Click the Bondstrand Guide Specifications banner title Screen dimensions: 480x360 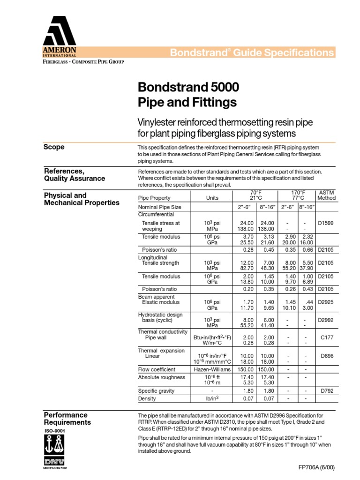pos(252,52)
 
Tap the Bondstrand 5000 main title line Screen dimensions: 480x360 pos(188,87)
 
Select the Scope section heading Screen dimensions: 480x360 pos(54,147)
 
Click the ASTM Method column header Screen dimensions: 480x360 pos(326,195)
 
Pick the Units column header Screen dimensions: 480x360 pos(212,198)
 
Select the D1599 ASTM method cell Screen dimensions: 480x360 pos(326,223)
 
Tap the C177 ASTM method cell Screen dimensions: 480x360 pos(326,337)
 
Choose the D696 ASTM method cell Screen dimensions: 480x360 pos(326,356)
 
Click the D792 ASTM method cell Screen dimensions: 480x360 pos(326,390)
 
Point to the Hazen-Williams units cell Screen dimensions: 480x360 pos(212,369)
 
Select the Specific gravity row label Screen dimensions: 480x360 pos(156,390)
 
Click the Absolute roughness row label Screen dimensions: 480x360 pos(159,377)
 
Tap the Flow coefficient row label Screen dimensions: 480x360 pos(157,369)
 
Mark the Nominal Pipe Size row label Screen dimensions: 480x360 pos(159,207)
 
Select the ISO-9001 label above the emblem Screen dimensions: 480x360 pos(52,430)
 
